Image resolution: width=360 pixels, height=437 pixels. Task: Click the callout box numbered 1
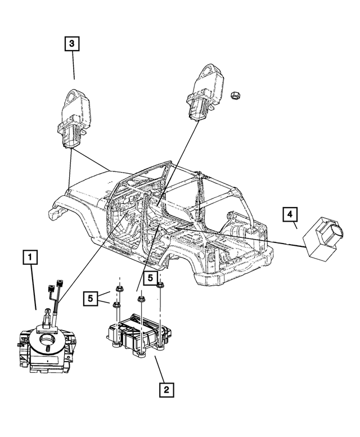click(x=30, y=259)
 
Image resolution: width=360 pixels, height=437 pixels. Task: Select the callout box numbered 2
click(x=166, y=388)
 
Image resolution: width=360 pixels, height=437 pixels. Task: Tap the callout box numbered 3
click(x=71, y=43)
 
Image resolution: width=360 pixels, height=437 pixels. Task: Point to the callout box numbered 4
click(x=289, y=214)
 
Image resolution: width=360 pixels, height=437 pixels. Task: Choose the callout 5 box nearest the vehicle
click(x=150, y=277)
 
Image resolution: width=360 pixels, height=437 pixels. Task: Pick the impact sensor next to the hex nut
click(x=202, y=93)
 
